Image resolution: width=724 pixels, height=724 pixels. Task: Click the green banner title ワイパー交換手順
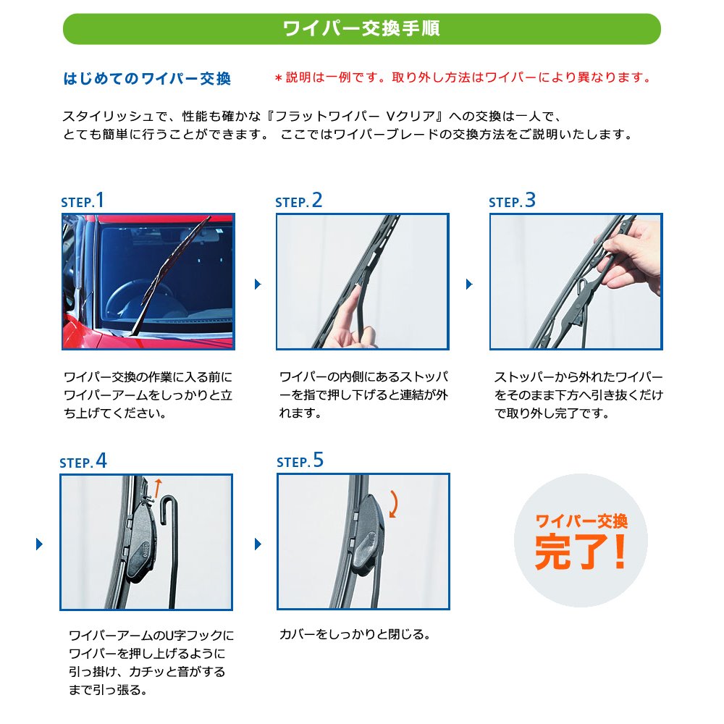pyautogui.click(x=361, y=29)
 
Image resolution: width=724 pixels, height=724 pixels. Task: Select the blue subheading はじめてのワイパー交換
pyautogui.click(x=147, y=78)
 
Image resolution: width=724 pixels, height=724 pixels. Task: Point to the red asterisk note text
pyautogui.click(x=463, y=77)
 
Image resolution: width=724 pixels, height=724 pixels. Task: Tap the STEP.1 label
pyautogui.click(x=83, y=201)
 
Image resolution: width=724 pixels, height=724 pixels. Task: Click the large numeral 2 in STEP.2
pyautogui.click(x=317, y=201)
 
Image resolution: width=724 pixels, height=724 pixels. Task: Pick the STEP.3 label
pyautogui.click(x=512, y=201)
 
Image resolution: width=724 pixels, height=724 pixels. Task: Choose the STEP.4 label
pyautogui.click(x=83, y=461)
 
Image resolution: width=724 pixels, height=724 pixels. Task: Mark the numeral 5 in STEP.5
pyautogui.click(x=319, y=460)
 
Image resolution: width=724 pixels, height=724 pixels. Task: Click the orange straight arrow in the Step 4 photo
pyautogui.click(x=158, y=489)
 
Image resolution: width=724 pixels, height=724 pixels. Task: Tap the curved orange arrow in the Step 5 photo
pyautogui.click(x=394, y=504)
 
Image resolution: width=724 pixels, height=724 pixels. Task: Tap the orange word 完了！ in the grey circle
pyautogui.click(x=581, y=552)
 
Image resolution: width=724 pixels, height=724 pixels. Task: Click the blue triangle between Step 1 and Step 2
pyautogui.click(x=258, y=284)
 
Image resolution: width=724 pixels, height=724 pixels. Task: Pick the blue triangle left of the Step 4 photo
pyautogui.click(x=39, y=544)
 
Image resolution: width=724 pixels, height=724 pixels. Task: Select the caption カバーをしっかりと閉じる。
pyautogui.click(x=355, y=634)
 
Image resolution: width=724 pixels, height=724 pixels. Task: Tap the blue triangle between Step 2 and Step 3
pyautogui.click(x=469, y=284)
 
